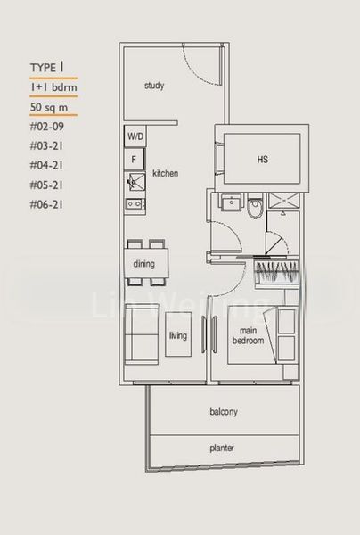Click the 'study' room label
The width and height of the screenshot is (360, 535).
(156, 86)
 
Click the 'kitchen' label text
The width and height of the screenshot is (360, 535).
(166, 172)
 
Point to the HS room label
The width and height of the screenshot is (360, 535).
(263, 160)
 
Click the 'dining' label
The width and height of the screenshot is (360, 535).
(143, 264)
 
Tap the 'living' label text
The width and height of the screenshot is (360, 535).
(178, 335)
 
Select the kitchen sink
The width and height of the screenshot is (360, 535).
(135, 183)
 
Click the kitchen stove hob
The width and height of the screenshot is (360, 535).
(135, 203)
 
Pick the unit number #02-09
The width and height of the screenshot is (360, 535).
(47, 127)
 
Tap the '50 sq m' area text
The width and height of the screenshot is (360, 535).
(50, 107)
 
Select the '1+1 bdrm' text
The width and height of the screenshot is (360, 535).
(50, 87)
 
